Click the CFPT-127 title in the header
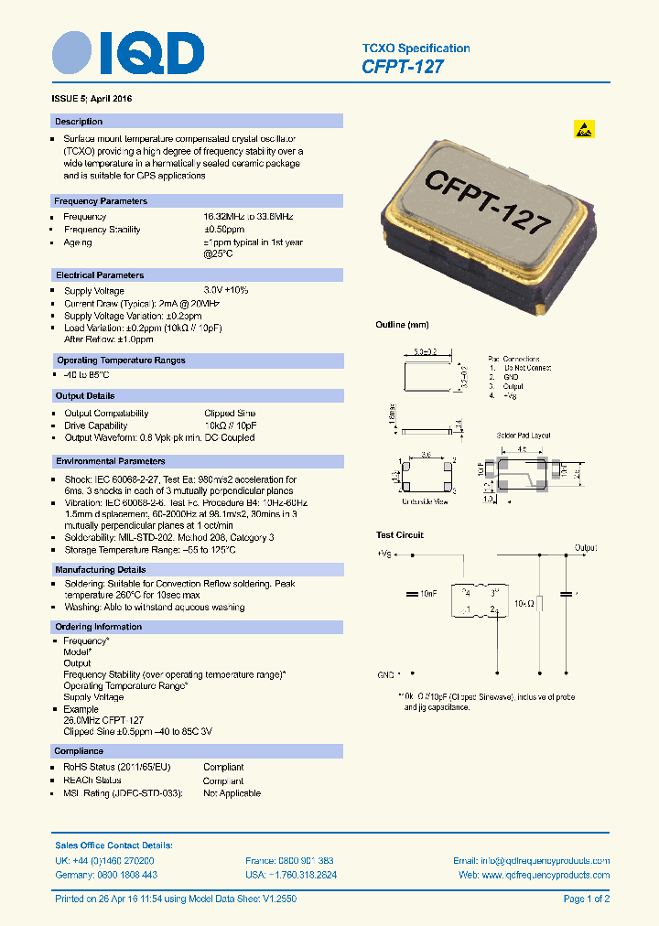point(403,67)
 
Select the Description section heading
point(79,122)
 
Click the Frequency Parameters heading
point(101,201)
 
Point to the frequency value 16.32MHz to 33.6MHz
point(248,216)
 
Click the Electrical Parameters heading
point(100,275)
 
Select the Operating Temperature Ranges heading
point(121,361)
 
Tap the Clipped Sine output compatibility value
point(230,414)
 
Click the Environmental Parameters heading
point(111,462)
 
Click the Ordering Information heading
point(99,627)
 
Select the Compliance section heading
point(80,751)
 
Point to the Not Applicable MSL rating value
point(232,793)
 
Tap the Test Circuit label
point(400,535)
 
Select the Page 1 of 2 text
point(586,899)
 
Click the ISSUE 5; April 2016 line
point(98,98)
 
